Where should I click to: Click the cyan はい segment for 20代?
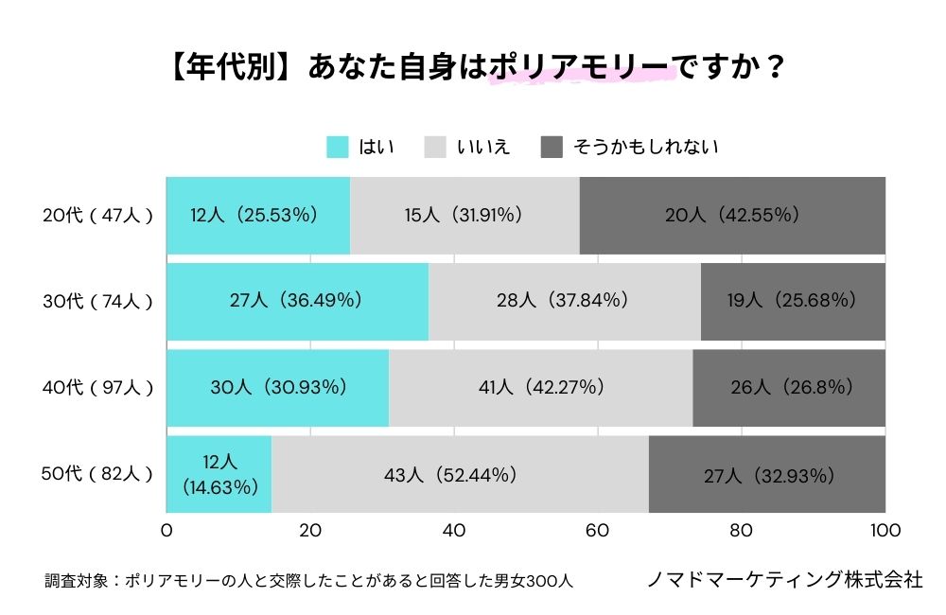(x=258, y=215)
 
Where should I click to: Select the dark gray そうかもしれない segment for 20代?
(x=732, y=215)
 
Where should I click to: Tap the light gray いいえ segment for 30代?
(x=565, y=301)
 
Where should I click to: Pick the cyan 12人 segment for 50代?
(x=219, y=474)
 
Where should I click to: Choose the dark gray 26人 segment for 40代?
(x=789, y=387)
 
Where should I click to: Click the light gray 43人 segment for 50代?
(x=460, y=474)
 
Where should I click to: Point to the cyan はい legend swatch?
(x=338, y=147)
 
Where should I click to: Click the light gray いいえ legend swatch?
(x=435, y=147)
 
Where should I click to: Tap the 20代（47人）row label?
(x=97, y=216)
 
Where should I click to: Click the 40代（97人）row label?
(x=97, y=388)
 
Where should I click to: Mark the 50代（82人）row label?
(x=97, y=474)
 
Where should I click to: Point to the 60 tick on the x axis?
(x=598, y=530)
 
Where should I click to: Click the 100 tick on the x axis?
(x=885, y=530)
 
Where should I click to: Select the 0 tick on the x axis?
(x=167, y=530)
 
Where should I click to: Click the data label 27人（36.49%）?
(x=297, y=301)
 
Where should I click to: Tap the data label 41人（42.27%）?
(x=540, y=387)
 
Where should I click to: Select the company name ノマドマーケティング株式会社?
(x=784, y=579)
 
